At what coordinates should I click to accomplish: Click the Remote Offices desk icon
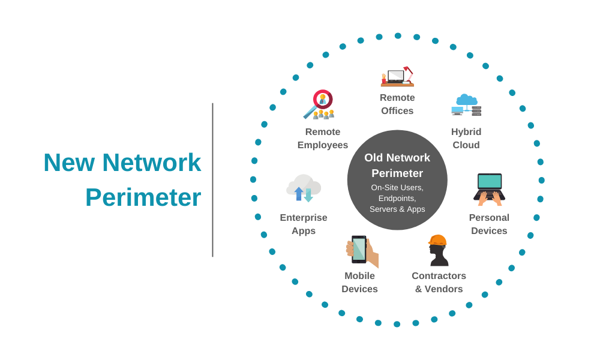pos(397,77)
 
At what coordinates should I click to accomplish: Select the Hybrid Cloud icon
pos(466,105)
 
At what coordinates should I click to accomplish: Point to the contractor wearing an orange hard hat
pos(438,250)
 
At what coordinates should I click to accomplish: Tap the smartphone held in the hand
pos(359,248)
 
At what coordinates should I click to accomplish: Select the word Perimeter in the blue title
pos(143,197)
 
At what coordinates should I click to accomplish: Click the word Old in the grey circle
pos(376,158)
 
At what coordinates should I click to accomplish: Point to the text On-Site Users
pos(397,187)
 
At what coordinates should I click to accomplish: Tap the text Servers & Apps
pos(397,209)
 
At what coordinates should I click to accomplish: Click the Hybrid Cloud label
pos(466,139)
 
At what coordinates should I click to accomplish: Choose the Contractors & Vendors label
pos(439,283)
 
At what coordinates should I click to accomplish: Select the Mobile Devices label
pos(359,283)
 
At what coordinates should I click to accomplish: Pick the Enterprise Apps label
pos(304,224)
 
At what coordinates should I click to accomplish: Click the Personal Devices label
pos(489,224)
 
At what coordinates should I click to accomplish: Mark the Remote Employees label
pos(323,139)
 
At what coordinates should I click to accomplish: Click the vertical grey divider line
pos(212,180)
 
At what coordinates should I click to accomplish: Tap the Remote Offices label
pos(397,104)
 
